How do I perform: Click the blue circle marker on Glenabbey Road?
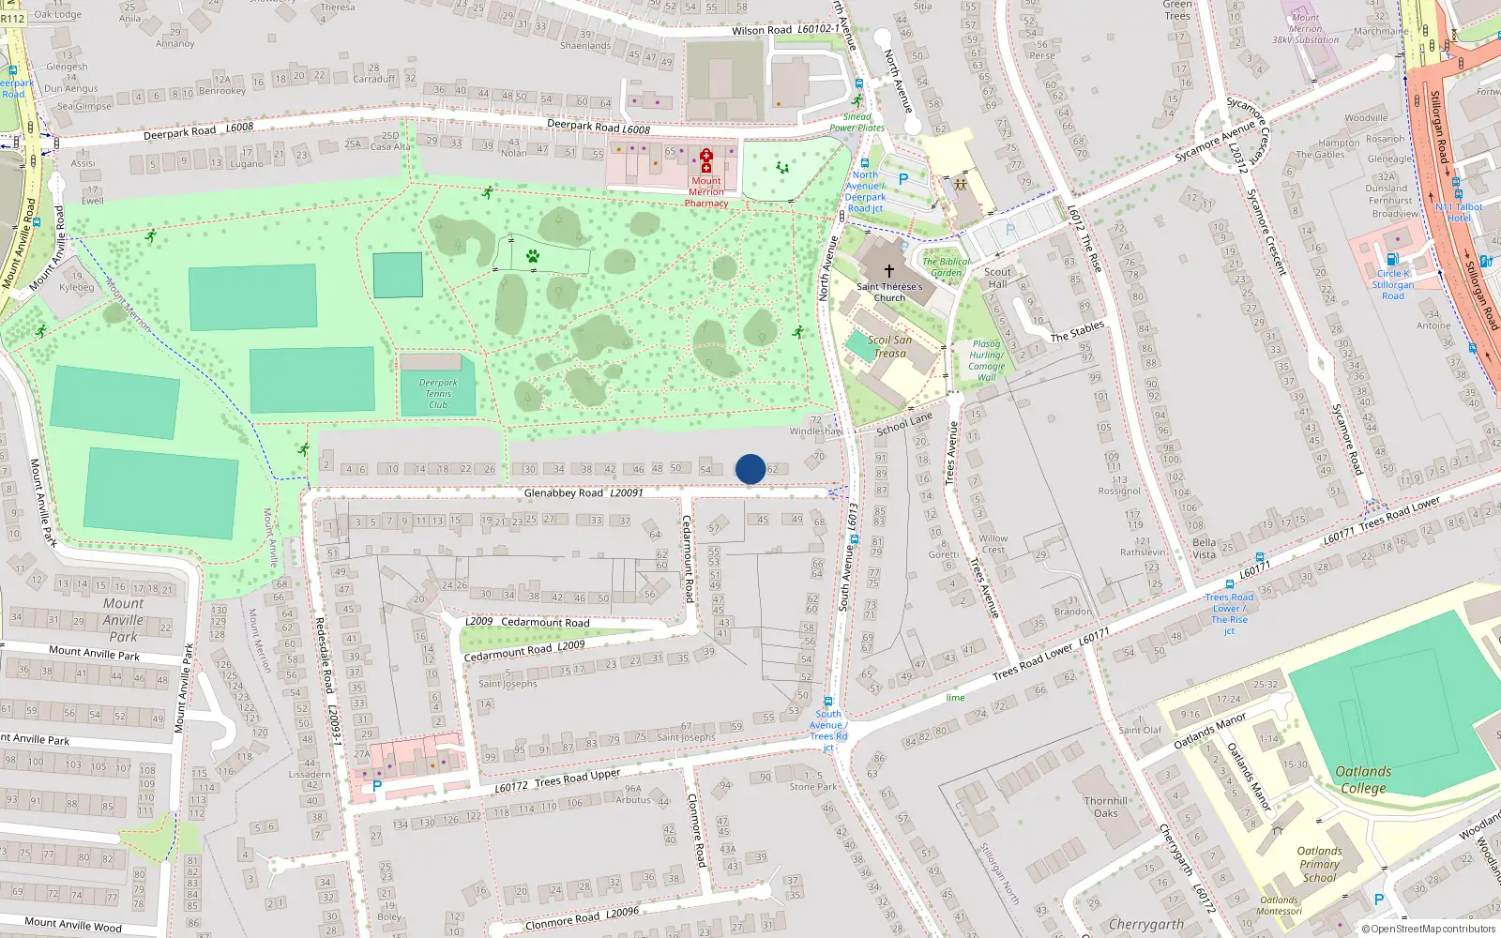click(x=750, y=469)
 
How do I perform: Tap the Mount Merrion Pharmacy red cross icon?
click(x=706, y=160)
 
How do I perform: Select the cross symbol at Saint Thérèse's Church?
click(x=888, y=271)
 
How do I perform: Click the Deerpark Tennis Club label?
click(x=438, y=393)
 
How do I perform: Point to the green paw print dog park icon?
click(x=533, y=255)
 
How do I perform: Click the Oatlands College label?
click(x=1363, y=779)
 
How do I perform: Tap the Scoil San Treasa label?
click(x=889, y=346)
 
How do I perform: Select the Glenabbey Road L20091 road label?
click(x=583, y=492)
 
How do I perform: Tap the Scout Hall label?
click(x=997, y=278)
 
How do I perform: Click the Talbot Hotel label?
click(x=1459, y=212)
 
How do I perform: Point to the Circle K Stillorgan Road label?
click(x=1393, y=284)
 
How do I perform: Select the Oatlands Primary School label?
click(x=1319, y=864)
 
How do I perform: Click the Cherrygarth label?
click(x=1145, y=924)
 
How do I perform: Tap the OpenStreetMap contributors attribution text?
click(x=1428, y=929)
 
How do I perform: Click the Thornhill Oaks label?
click(x=1106, y=807)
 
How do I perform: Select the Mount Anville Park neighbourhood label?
click(x=124, y=619)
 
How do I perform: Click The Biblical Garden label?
click(x=947, y=266)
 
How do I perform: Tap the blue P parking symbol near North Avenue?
click(x=903, y=178)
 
